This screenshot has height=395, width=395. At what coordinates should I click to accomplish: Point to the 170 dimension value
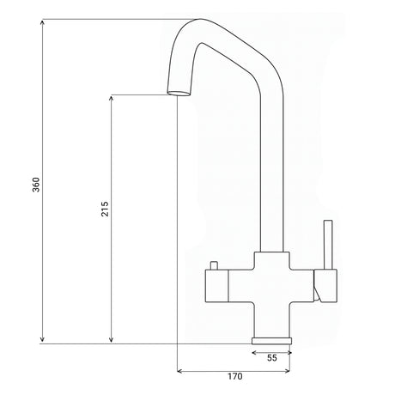234,376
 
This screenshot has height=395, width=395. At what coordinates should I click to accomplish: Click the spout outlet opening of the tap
176,92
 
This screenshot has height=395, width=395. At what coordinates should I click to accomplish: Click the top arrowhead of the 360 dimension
43,20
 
